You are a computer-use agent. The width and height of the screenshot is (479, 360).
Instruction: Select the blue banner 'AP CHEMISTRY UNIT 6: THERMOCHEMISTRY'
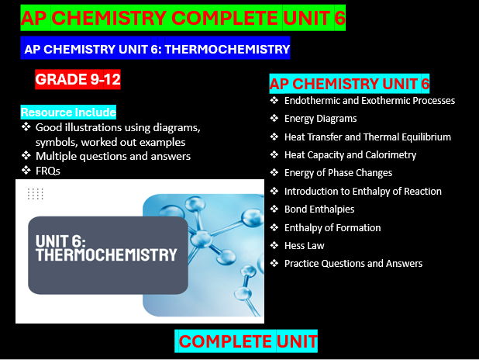point(156,48)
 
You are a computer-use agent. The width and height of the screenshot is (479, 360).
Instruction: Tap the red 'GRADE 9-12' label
point(78,79)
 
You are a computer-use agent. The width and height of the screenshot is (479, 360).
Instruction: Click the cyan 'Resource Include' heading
point(68,112)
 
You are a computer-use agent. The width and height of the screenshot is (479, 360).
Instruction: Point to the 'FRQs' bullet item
point(47,170)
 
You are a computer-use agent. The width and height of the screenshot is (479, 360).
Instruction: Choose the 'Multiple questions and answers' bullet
point(112,156)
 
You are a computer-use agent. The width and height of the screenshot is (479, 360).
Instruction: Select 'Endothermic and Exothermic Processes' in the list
point(369,101)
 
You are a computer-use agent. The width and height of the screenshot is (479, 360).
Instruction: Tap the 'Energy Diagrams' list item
point(320,119)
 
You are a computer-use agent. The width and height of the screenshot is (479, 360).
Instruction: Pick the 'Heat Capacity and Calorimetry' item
point(350,154)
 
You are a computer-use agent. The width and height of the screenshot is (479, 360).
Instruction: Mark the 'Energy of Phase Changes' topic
point(338,172)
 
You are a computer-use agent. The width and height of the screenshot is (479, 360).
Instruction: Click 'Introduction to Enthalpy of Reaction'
point(363,191)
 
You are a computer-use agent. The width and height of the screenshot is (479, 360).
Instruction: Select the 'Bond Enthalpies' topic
point(319,209)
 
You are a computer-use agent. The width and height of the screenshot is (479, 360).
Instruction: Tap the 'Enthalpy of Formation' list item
point(333,227)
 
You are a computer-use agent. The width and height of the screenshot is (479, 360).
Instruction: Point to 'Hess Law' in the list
point(304,245)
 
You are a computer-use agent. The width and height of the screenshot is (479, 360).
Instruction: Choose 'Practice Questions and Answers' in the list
point(353,263)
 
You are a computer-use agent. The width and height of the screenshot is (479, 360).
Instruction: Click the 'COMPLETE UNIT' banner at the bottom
point(247,341)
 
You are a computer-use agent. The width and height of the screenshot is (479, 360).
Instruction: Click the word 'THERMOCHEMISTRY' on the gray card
point(106,254)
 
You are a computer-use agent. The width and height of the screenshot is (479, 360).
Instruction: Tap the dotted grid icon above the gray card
point(35,194)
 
